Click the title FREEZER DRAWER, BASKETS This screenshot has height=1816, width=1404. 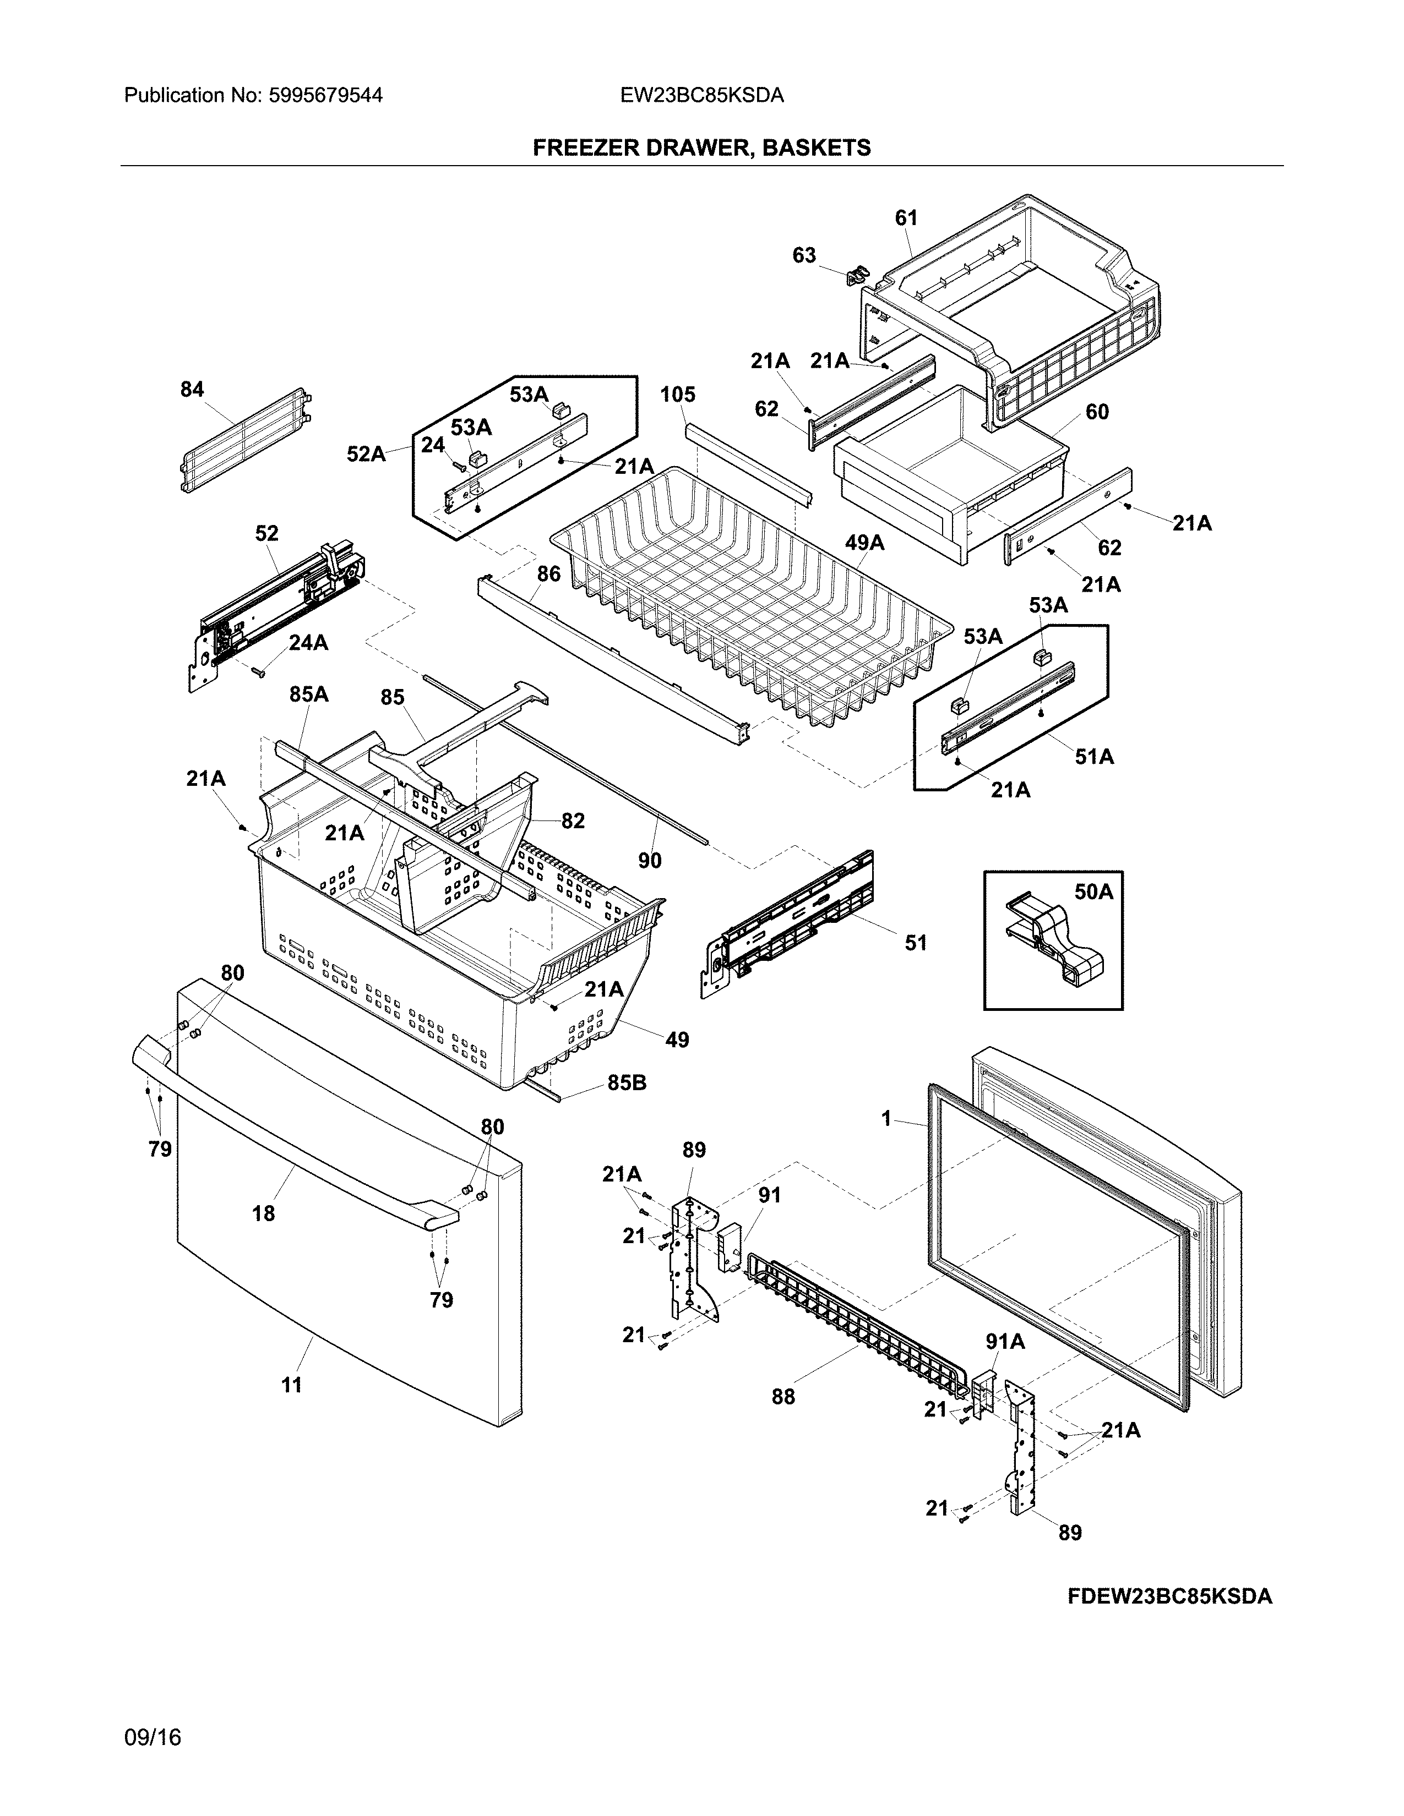tap(701, 148)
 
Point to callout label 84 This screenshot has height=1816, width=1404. tap(192, 389)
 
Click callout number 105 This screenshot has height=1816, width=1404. tap(678, 394)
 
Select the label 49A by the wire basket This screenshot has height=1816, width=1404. tap(864, 543)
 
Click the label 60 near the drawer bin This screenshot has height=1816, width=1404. tap(1097, 412)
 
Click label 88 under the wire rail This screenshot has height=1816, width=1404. tap(783, 1397)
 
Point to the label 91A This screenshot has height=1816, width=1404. tap(1005, 1341)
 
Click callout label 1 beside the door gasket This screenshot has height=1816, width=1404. tap(886, 1119)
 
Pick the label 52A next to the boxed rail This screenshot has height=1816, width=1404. tap(366, 454)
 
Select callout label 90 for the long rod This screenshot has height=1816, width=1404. tap(650, 861)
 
